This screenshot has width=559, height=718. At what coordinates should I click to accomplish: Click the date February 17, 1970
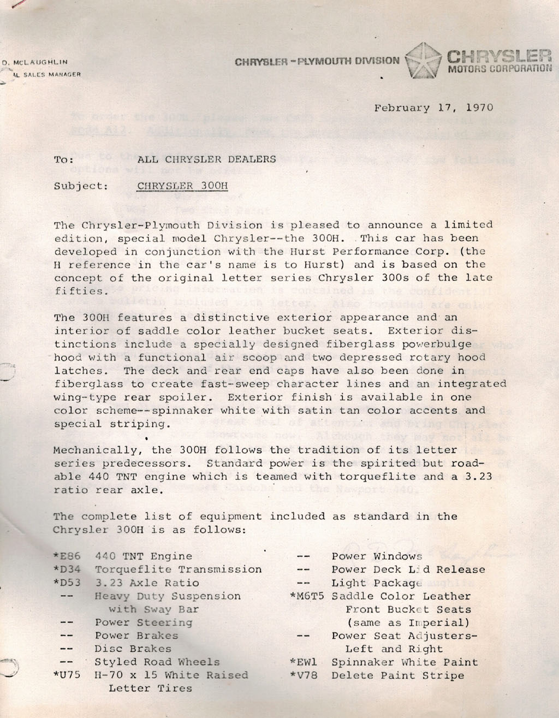tap(433, 108)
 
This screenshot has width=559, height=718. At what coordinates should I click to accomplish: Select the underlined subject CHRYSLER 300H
tap(182, 186)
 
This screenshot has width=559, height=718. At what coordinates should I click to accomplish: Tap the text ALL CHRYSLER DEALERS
tap(207, 159)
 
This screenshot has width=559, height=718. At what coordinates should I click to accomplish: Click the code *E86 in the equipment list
tap(67, 556)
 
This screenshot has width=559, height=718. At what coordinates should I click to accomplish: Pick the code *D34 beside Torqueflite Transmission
tap(67, 569)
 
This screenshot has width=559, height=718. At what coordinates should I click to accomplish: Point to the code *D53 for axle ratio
tap(67, 583)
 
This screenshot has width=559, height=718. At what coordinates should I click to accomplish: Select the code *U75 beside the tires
tap(67, 675)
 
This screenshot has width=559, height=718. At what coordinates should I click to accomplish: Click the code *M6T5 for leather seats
tap(307, 596)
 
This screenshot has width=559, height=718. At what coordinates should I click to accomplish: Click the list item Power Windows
tap(377, 556)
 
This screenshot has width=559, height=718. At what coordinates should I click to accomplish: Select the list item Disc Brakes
tap(133, 649)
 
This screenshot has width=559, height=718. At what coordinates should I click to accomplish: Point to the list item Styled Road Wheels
tap(157, 662)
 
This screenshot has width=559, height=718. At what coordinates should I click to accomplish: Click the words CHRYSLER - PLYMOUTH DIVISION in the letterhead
tap(317, 61)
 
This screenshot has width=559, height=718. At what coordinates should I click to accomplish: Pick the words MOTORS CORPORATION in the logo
tap(499, 69)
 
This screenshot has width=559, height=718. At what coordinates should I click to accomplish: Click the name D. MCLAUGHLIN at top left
tap(35, 63)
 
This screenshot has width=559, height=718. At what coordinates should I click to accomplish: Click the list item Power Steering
tap(144, 622)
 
